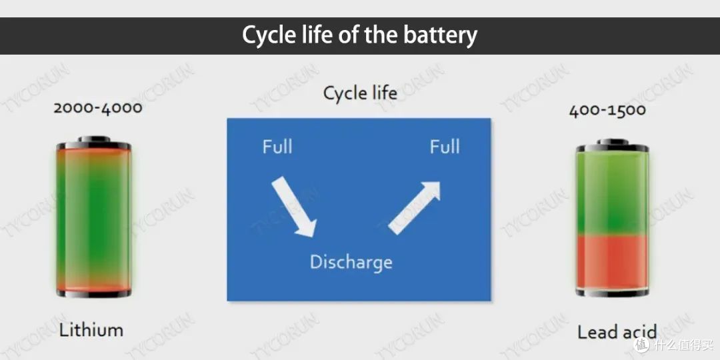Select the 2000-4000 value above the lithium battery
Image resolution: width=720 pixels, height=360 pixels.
coord(98,109)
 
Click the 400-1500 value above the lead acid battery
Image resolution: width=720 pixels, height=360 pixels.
coord(607,110)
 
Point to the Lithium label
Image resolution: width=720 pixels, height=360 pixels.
coord(91,330)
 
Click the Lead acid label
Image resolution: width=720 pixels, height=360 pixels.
coord(617,331)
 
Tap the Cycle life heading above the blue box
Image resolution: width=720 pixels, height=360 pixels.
coord(360,94)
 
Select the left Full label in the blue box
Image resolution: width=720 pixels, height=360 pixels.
coord(277,147)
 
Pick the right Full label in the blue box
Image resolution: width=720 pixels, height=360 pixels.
coord(445,147)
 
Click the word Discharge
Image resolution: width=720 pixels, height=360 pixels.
coord(351,262)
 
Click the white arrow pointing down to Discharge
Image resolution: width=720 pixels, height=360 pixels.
coord(294,207)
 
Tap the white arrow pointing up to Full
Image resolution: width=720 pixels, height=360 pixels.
coord(414,207)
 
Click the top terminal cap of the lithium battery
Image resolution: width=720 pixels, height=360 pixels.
coord(94,139)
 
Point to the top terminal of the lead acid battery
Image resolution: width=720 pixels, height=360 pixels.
coord(613,141)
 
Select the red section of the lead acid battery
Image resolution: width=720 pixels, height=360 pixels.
coord(613,262)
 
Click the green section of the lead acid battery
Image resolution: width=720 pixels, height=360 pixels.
coord(613,193)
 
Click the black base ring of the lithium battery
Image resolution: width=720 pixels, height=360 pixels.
coord(94,293)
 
